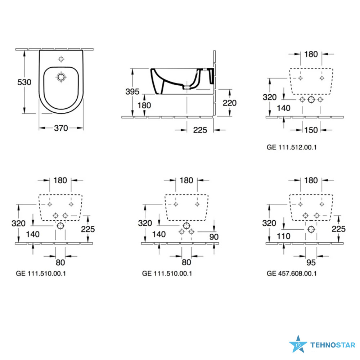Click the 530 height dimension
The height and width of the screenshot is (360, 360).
pyautogui.click(x=24, y=82)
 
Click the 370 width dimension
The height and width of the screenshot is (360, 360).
pyautogui.click(x=61, y=128)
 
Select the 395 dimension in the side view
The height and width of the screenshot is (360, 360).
pyautogui.click(x=132, y=91)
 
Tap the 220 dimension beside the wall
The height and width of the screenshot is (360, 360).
pyautogui.click(x=230, y=103)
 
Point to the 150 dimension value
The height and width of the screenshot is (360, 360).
pyautogui.click(x=311, y=130)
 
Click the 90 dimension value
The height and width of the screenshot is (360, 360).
pyautogui.click(x=214, y=237)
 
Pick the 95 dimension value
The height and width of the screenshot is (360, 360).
pyautogui.click(x=311, y=262)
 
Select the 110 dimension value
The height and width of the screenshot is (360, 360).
pyautogui.click(x=284, y=236)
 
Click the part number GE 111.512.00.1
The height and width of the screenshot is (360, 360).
pyautogui.click(x=292, y=147)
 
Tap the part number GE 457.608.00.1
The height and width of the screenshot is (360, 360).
pyautogui.click(x=292, y=274)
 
